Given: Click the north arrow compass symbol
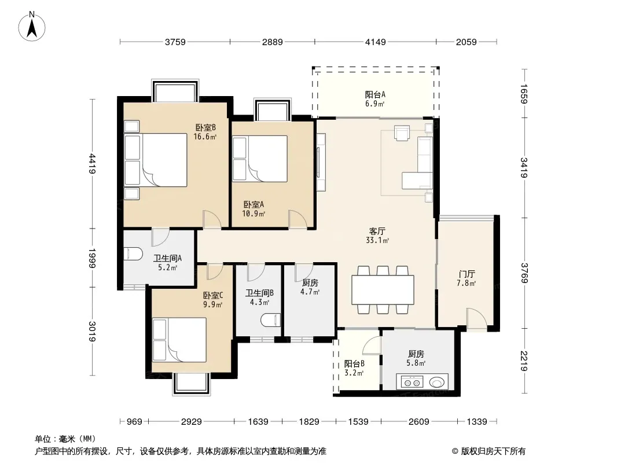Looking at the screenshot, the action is [32, 26].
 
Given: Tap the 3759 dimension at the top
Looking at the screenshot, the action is [175, 42].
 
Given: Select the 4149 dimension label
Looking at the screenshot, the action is [376, 42].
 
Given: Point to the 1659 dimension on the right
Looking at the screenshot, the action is [524, 94].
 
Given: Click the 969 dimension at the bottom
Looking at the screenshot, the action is [134, 422].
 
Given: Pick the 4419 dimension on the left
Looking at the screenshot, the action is [92, 164].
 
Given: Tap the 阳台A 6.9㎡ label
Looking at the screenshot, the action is [374, 99].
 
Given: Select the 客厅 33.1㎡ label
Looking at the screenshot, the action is [377, 235].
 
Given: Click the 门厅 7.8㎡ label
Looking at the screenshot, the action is [467, 278].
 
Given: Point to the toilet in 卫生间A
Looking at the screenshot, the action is [133, 253].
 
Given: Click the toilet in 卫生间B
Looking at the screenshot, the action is [271, 320].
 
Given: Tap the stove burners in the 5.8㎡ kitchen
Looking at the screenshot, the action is [412, 381].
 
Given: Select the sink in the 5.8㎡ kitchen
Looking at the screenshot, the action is [437, 381].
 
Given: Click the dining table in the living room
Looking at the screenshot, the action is [383, 289].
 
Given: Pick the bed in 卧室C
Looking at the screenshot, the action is [179, 340].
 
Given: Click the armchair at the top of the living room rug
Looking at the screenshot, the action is [402, 133].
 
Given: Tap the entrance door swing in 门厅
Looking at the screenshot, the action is [477, 317].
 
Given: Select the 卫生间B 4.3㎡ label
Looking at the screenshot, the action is [259, 297].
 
